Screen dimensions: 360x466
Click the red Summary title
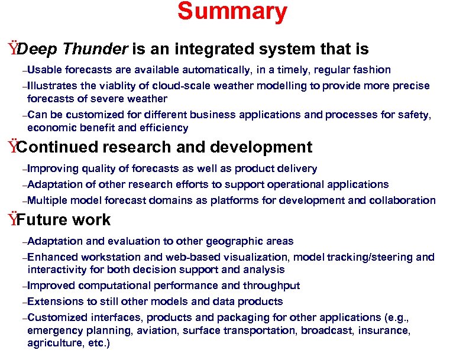(x=232, y=12)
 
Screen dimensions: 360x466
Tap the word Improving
(x=53, y=168)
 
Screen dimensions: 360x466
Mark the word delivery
(x=297, y=168)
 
